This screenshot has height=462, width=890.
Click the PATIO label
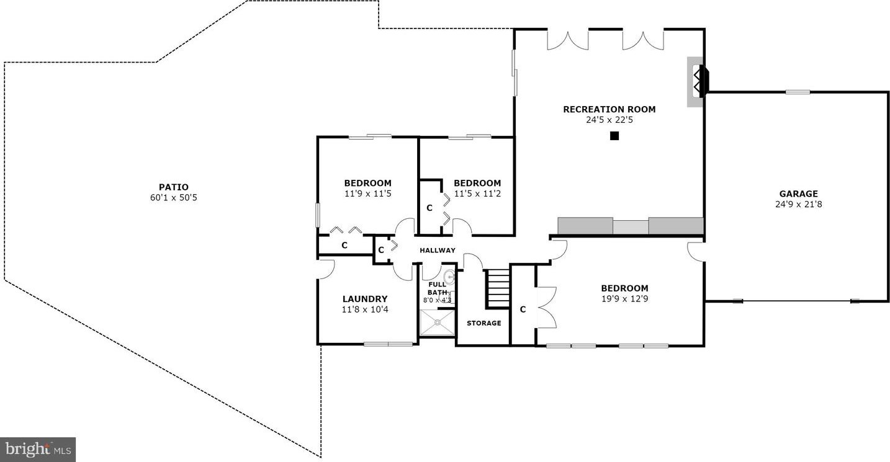(174, 187)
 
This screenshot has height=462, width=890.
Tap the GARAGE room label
(799, 193)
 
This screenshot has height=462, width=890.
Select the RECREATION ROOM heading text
(609, 109)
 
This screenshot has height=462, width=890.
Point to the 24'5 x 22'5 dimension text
(609, 120)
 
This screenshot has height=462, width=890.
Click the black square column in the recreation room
(614, 136)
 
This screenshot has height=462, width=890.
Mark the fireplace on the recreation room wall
(698, 82)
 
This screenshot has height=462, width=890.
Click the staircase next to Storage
(498, 288)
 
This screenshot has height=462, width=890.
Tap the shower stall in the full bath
(438, 322)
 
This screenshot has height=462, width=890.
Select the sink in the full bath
(449, 277)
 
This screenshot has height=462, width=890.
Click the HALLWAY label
(438, 251)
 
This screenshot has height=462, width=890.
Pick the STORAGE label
(484, 323)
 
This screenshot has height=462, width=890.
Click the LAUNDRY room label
(365, 299)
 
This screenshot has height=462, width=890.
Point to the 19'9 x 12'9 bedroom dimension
(624, 299)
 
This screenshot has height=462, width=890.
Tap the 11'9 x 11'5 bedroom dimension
(368, 193)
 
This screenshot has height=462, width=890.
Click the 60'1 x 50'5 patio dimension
(174, 198)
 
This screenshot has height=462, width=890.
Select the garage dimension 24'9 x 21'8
(799, 205)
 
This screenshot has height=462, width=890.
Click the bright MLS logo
(38, 450)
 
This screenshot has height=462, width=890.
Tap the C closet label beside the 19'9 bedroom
(523, 309)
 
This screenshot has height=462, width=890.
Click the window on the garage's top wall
(798, 92)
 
